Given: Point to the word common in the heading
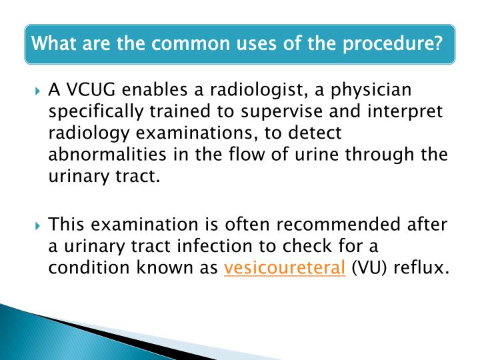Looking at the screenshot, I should (x=201, y=45).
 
